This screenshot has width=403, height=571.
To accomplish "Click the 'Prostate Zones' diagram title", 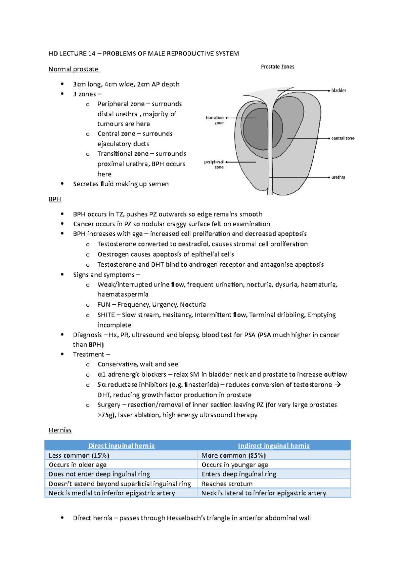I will click(x=277, y=67).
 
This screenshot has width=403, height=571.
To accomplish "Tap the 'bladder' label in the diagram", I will click(x=339, y=90).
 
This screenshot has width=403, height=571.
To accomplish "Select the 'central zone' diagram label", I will click(x=343, y=138).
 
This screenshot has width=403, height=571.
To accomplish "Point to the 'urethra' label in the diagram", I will click(x=338, y=177).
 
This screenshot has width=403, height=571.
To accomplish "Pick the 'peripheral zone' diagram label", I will click(x=214, y=164).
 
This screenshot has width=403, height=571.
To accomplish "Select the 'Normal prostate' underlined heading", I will click(x=74, y=69).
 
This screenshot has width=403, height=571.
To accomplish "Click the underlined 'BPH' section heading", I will click(x=55, y=199).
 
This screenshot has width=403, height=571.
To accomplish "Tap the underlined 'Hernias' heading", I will click(x=60, y=430).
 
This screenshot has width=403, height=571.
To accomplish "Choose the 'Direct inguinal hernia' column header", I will click(x=121, y=446).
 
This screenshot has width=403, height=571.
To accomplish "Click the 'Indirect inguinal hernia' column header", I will click(x=274, y=446).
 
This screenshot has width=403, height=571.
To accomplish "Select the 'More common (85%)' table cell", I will click(x=233, y=455).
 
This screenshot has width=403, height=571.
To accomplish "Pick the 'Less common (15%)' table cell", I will click(x=79, y=455).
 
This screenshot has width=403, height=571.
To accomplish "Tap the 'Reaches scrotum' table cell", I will click(x=227, y=484).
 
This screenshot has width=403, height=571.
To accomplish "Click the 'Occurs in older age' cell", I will click(x=78, y=465).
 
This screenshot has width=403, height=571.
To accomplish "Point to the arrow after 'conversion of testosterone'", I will click(x=338, y=384).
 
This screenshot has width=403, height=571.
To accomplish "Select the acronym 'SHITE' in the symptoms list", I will click(x=106, y=315).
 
